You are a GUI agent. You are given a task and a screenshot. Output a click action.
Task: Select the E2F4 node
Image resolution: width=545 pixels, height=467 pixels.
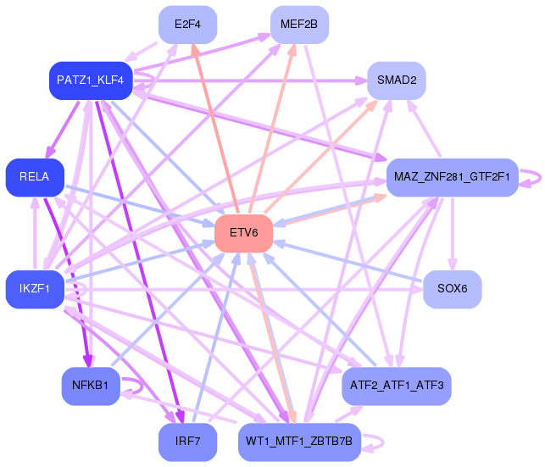188,25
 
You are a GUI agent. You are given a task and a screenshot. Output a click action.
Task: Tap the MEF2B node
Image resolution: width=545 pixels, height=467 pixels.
299,25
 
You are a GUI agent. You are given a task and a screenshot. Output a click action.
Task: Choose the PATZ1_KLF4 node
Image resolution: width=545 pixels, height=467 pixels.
91,81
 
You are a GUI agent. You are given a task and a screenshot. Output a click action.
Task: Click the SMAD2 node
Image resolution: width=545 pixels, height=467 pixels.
396,81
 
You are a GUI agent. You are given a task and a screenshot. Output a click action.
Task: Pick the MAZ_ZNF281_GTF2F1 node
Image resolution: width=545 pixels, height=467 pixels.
451,177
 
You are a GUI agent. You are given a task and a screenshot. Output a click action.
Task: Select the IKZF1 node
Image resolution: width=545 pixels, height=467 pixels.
35,289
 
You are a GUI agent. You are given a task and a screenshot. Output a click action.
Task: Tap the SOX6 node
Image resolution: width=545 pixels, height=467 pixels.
452,289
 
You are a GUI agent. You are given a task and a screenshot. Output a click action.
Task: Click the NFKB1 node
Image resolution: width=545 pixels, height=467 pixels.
91,386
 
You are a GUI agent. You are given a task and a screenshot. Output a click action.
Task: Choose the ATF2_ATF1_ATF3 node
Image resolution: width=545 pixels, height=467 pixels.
396,386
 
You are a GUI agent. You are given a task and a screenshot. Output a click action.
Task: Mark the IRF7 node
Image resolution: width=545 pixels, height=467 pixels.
188,442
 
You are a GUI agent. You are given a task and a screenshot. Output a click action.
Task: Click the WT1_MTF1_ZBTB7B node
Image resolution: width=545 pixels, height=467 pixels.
300,442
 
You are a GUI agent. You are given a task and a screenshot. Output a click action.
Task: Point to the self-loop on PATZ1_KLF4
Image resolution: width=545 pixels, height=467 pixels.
147,79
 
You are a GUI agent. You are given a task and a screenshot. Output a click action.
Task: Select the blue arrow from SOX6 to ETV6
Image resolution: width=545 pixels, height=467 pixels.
356,264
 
